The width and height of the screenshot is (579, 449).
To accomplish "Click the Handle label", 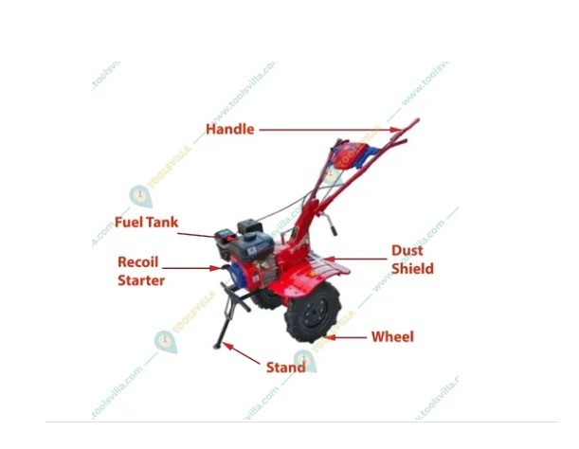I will tap(230, 129).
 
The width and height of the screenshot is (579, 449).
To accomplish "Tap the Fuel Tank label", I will tap(147, 223).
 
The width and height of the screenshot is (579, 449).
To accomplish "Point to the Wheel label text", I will tap(392, 336).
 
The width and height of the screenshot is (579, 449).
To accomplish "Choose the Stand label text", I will tap(285, 367).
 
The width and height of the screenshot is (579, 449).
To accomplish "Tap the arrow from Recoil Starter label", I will tap(199, 268).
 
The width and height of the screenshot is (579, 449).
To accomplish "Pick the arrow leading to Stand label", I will tap(244, 355).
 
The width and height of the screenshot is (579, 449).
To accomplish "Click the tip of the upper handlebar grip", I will tap(416, 121).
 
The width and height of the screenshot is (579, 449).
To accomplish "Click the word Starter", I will tap(141, 280).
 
